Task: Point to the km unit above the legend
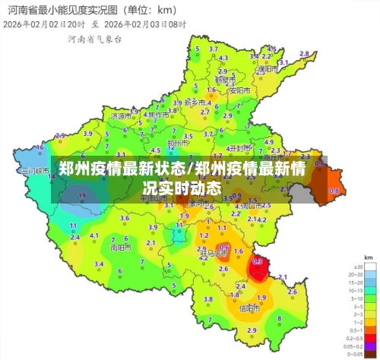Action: (x=368, y=257)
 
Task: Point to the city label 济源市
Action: (x=121, y=117)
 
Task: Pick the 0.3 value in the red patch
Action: (x=258, y=261)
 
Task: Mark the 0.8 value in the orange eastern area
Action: (x=334, y=190)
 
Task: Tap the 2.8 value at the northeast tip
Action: (x=305, y=54)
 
